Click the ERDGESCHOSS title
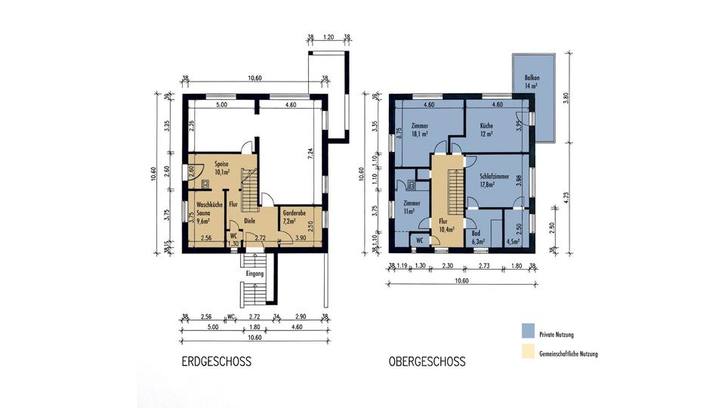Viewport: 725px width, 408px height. pos(215,361)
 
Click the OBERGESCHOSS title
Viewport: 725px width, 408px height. pos(427,361)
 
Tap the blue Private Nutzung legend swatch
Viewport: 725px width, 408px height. pos(528,332)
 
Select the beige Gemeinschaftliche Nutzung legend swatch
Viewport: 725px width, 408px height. pos(528,353)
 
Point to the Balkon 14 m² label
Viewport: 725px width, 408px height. pos(531,82)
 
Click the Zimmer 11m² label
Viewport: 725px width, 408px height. pos(412,208)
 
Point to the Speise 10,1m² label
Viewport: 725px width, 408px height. pos(221,167)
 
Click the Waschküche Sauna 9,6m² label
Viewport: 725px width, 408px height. pos(208,213)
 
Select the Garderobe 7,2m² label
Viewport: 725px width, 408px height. pos(294,217)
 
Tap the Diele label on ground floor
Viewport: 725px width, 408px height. pos(250,221)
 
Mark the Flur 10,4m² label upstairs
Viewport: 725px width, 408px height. pos(446,224)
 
